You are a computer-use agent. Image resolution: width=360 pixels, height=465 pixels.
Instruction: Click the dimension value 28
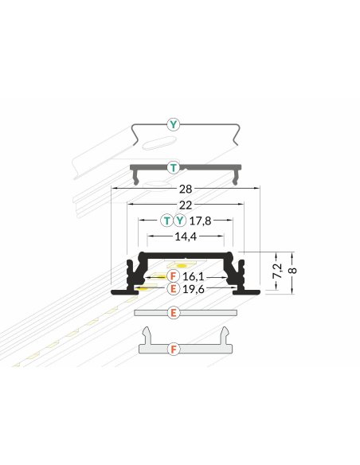tap(186, 189)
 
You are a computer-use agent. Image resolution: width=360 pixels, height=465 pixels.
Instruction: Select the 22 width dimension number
tap(186, 205)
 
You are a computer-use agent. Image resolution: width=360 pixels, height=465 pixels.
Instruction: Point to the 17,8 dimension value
tap(200, 221)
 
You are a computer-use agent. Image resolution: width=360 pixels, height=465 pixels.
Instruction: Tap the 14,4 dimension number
tap(186, 236)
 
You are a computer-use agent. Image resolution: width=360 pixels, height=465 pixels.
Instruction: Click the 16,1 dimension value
tap(194, 276)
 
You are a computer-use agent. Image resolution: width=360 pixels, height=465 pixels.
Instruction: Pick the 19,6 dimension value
tap(194, 288)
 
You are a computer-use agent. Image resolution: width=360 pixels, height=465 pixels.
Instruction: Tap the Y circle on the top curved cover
tap(174, 124)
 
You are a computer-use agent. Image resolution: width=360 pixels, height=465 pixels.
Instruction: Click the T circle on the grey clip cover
tap(174, 168)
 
